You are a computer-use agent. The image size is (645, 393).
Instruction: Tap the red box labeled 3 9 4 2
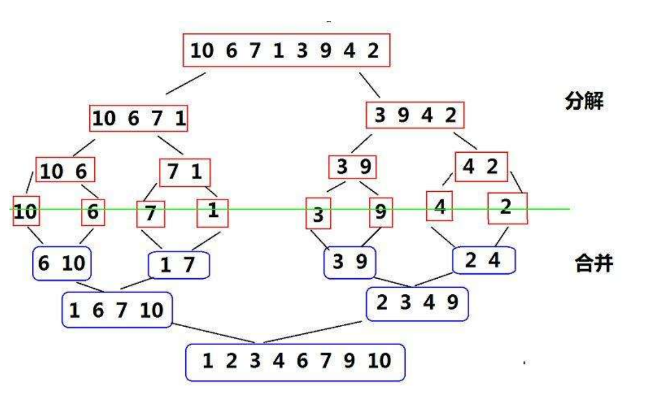[415, 116]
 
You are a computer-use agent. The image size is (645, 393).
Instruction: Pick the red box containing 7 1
[185, 172]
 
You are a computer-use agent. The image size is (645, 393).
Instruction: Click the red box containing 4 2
[481, 167]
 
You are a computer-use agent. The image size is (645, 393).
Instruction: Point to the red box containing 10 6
[65, 169]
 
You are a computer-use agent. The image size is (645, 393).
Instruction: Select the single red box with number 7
[151, 214]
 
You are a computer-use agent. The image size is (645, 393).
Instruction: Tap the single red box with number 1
[213, 212]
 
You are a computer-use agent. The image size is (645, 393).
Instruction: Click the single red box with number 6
[93, 212]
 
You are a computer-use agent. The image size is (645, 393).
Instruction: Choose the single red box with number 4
[440, 206]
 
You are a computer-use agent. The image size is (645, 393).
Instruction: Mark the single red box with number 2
[507, 208]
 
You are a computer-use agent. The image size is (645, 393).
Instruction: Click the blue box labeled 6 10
[62, 262]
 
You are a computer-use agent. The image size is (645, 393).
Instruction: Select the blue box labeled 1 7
[179, 265]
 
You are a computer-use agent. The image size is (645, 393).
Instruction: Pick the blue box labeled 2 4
[484, 260]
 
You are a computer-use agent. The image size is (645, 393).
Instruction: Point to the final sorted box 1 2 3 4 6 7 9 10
[296, 362]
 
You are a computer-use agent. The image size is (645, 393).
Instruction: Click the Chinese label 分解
[584, 102]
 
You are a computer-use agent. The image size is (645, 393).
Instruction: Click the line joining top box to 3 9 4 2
[370, 84]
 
